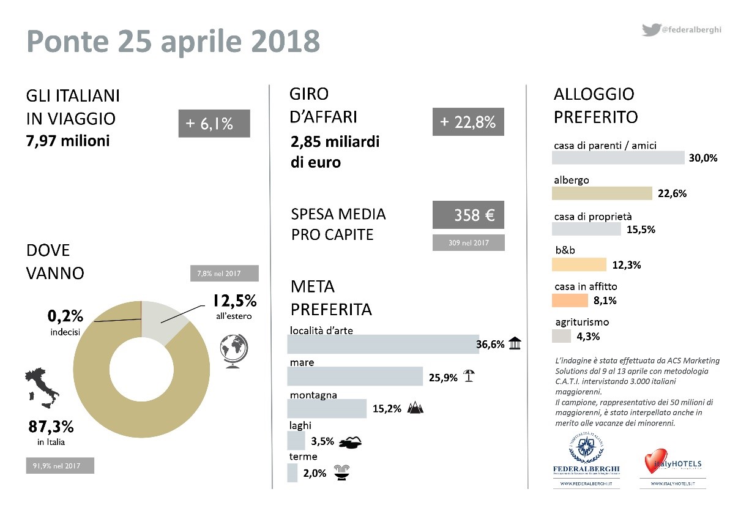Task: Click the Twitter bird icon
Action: [650, 29]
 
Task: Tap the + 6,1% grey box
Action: [214, 124]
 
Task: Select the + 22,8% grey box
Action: [468, 122]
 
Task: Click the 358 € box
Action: [468, 215]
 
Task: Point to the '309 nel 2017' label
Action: [468, 243]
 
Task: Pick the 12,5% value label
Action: [234, 302]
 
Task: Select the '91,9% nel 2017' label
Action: [60, 466]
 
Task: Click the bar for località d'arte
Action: [382, 344]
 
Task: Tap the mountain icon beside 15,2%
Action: [414, 408]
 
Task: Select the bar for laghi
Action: [296, 440]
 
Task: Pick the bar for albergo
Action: [602, 193]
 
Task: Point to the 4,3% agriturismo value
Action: [588, 336]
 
